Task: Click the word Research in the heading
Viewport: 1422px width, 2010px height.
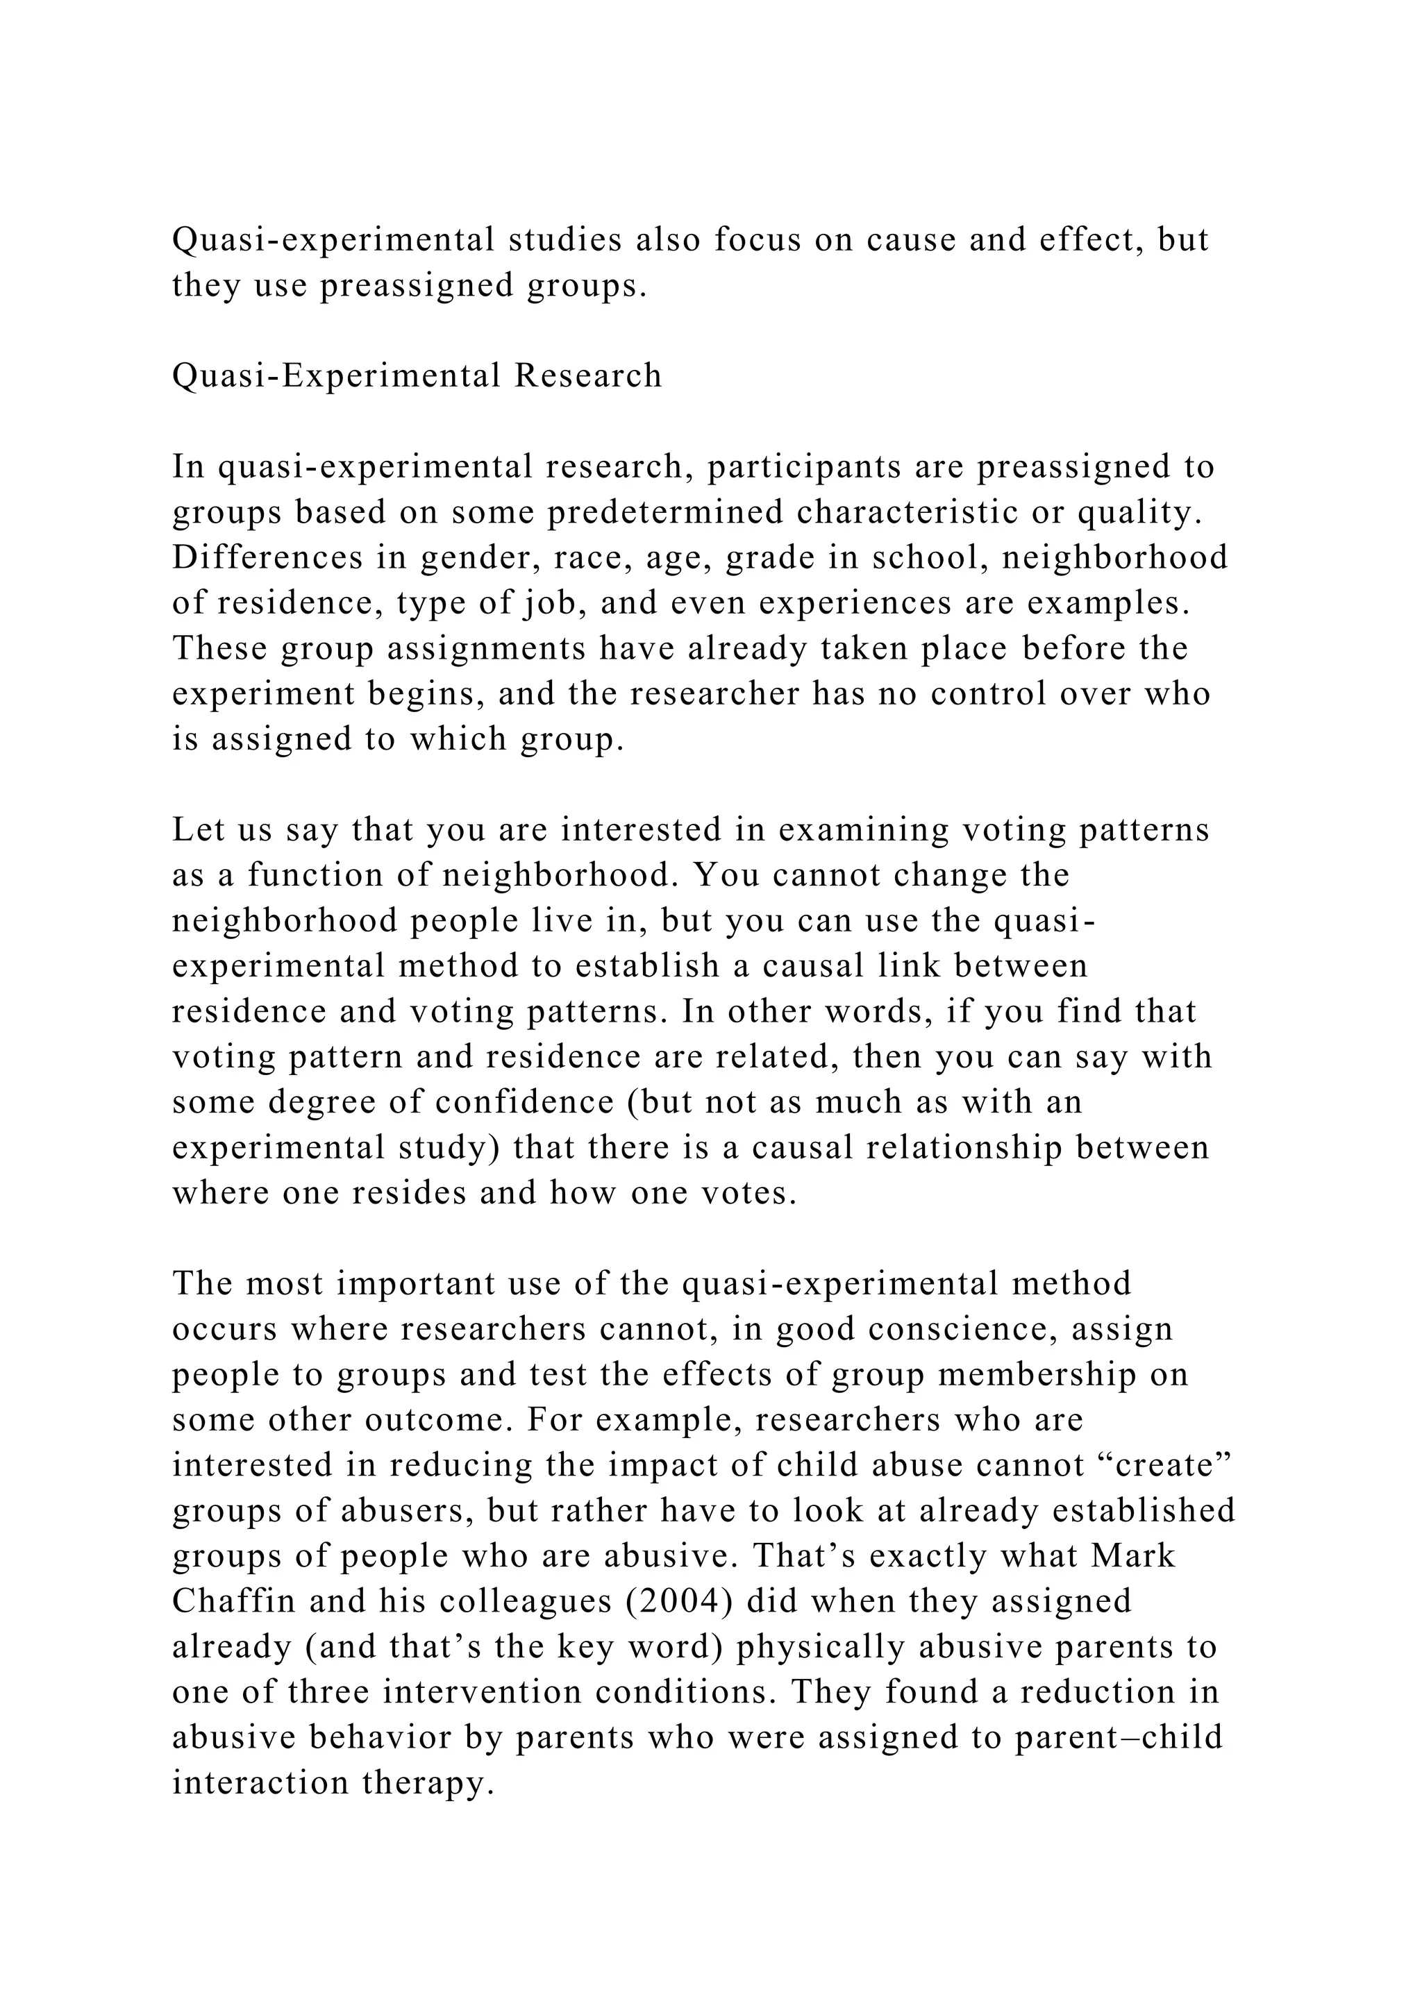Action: [587, 375]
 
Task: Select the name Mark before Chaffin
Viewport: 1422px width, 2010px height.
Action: [1133, 1555]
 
